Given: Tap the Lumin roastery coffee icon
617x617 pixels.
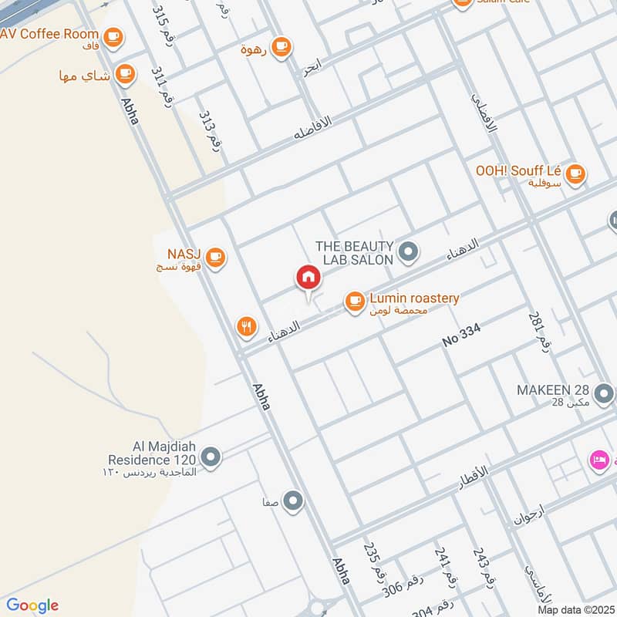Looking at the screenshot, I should click(354, 302).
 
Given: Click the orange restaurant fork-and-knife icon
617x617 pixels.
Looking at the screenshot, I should click(246, 326).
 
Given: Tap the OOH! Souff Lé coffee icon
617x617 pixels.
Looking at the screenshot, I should click(575, 174).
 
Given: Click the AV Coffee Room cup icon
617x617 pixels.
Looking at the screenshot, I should click(113, 35).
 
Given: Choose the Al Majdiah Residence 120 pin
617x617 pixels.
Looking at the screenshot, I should click(211, 458).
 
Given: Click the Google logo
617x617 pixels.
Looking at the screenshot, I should click(32, 605).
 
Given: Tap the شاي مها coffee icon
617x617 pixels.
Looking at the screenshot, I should click(124, 75).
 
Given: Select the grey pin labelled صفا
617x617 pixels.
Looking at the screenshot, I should click(292, 502).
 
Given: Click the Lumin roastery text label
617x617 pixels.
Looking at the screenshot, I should click(414, 298).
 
